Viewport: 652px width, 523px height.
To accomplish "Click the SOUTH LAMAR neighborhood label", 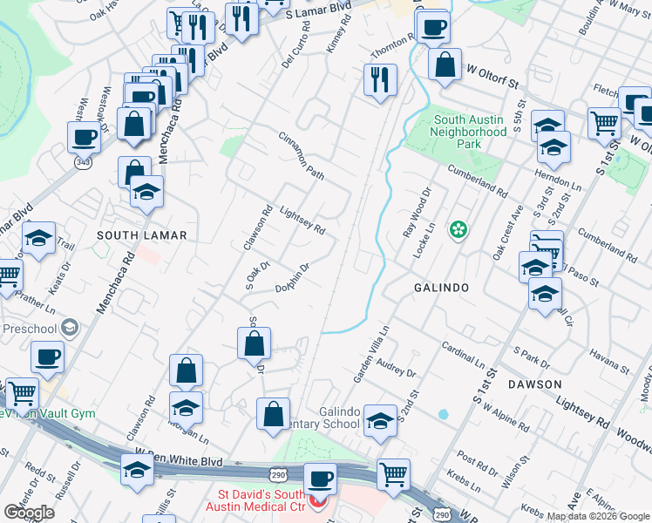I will pyautogui.click(x=142, y=235).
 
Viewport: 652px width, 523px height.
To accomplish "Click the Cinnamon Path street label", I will pyautogui.click(x=302, y=157).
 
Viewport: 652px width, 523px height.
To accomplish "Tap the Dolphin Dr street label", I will pyautogui.click(x=293, y=278).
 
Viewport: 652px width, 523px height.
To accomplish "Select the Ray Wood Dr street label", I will pyautogui.click(x=416, y=214).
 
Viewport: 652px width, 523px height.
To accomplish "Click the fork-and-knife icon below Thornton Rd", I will pyautogui.click(x=380, y=80).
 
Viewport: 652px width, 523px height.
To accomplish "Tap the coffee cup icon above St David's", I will pyautogui.click(x=320, y=479).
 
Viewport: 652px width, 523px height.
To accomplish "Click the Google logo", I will pyautogui.click(x=30, y=513).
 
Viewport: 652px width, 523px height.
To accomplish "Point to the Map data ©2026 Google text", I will pyautogui.click(x=599, y=516).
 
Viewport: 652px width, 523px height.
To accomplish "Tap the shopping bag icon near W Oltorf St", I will pyautogui.click(x=445, y=65).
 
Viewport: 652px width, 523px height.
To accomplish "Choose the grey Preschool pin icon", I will pyautogui.click(x=71, y=329).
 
